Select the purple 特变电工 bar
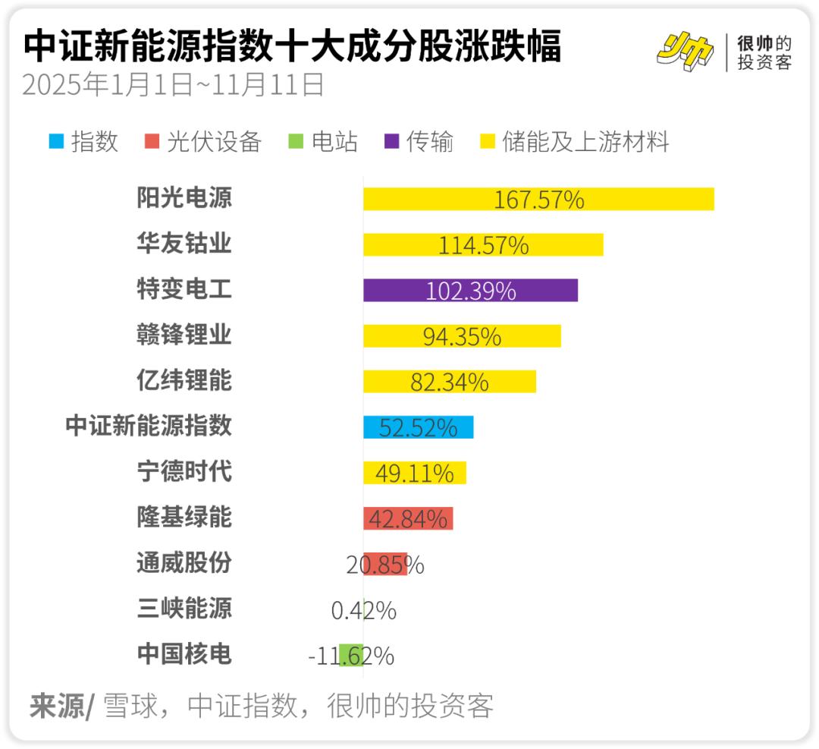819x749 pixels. (x=394, y=291)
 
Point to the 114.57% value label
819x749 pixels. (x=483, y=245)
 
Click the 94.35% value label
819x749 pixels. (x=462, y=336)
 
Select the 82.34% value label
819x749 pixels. (x=449, y=382)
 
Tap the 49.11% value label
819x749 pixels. (x=415, y=474)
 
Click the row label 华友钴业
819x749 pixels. (x=184, y=244)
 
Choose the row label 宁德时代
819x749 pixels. (x=184, y=472)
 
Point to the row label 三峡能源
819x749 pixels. (x=184, y=609)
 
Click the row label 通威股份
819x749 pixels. (x=184, y=563)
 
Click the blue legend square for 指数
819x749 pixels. (x=55, y=142)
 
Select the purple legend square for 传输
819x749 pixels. (x=392, y=142)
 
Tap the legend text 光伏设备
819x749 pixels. (x=214, y=142)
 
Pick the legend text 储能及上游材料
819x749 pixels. (x=585, y=142)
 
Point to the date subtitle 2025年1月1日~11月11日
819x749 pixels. (x=173, y=85)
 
